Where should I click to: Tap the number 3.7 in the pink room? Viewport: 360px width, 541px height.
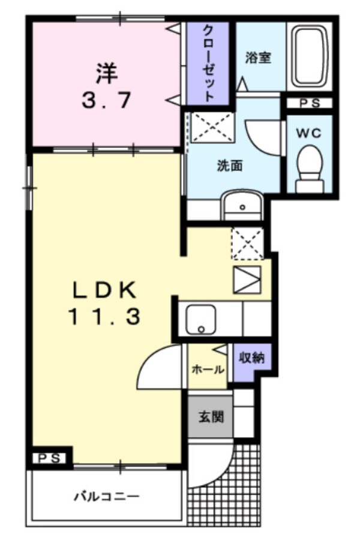point(106,101)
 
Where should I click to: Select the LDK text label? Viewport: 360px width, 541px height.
point(105,291)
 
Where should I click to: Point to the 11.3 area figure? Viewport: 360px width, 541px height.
point(104,317)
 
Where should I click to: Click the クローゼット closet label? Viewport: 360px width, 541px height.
point(208,62)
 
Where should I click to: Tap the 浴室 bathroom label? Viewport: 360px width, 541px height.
point(258,58)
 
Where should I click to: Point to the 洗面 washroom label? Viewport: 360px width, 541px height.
point(230,166)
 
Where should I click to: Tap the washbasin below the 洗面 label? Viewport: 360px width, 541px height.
point(242,206)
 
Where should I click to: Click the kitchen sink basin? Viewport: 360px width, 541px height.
point(200,319)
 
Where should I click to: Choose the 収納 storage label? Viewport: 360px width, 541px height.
point(253,358)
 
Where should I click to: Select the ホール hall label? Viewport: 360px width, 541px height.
point(208,369)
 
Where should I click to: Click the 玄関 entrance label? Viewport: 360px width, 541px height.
point(211,416)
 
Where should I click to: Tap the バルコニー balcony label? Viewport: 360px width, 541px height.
point(106,497)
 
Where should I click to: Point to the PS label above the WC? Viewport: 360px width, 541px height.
point(310,103)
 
